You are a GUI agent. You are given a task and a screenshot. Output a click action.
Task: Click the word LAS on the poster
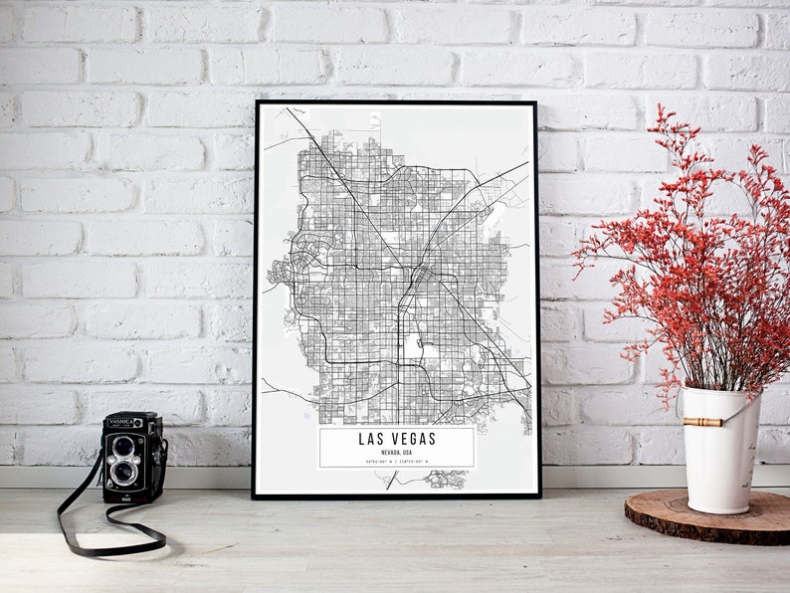tap(371, 439)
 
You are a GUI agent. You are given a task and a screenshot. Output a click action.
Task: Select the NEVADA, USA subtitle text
tap(396, 451)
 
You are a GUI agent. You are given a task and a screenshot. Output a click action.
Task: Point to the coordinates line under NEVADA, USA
tap(396, 461)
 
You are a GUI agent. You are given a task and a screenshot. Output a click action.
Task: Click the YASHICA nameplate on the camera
tap(121, 423)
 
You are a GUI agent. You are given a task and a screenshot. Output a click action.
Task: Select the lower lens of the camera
tap(123, 472)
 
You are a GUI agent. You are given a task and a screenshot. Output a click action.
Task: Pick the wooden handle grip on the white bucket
tap(702, 422)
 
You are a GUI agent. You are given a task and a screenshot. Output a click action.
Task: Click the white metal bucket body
tap(718, 463)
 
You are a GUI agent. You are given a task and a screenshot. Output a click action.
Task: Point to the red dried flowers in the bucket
tap(687, 249)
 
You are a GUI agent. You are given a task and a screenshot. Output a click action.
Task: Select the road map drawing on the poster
tap(398, 269)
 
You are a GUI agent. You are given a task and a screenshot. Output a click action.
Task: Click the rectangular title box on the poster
tap(396, 448)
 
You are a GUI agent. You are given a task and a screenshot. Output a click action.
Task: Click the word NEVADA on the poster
tap(389, 451)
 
